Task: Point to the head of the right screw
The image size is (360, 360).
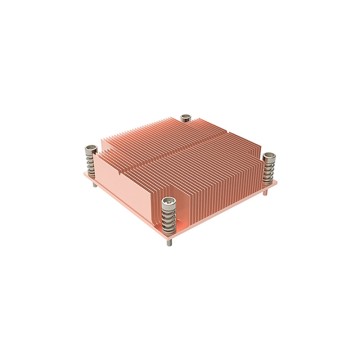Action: (269, 157)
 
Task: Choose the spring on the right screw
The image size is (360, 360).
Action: (269, 169)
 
